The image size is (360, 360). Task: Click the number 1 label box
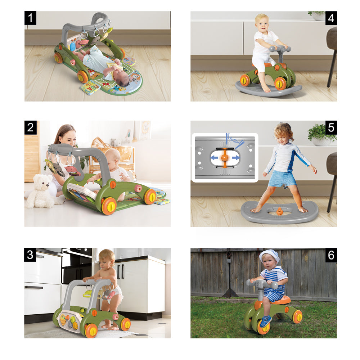(x=31, y=18)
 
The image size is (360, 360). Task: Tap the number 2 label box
(x=31, y=127)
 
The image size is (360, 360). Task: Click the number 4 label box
(x=331, y=18)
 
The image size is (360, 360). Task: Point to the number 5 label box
(x=331, y=127)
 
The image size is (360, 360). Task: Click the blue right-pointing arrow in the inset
(x=235, y=157)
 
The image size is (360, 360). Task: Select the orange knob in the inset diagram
(x=225, y=158)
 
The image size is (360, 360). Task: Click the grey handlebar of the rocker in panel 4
(x=279, y=49)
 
